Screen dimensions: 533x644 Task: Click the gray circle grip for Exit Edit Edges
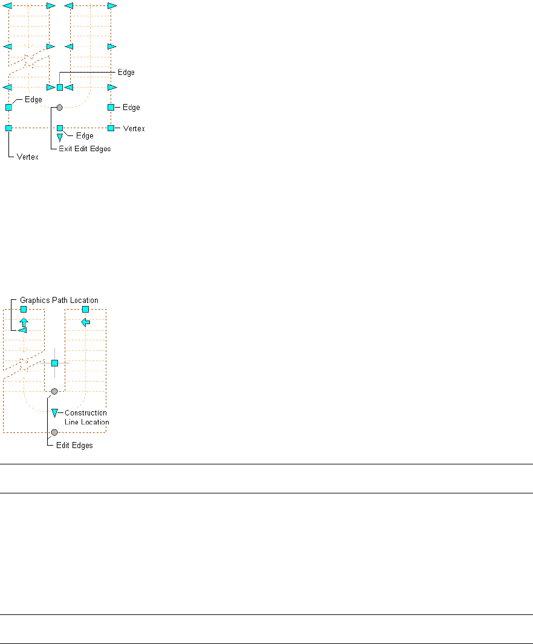pyautogui.click(x=60, y=107)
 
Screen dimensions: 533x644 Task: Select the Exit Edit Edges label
pyautogui.click(x=85, y=148)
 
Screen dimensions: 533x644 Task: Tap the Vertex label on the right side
pyautogui.click(x=134, y=129)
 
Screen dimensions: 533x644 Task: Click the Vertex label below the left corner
pyautogui.click(x=28, y=157)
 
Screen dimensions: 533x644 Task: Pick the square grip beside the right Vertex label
pyautogui.click(x=111, y=128)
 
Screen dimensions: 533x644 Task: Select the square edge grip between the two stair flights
pyautogui.click(x=60, y=88)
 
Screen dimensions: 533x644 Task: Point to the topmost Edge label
pyautogui.click(x=126, y=73)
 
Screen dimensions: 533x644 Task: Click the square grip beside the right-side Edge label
pyautogui.click(x=111, y=107)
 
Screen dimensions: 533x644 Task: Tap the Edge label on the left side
pyautogui.click(x=33, y=100)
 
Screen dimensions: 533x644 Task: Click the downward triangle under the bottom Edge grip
pyautogui.click(x=60, y=138)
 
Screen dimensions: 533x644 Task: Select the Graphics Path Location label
pyautogui.click(x=59, y=300)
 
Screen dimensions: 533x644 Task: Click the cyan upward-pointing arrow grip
pyautogui.click(x=24, y=322)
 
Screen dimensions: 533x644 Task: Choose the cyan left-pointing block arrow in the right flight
pyautogui.click(x=85, y=322)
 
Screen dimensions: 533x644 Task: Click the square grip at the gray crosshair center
pyautogui.click(x=54, y=363)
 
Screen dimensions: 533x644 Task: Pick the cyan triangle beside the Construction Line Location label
pyautogui.click(x=54, y=413)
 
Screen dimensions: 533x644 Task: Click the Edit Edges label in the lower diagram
pyautogui.click(x=70, y=446)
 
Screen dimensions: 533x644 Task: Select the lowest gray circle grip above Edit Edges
pyautogui.click(x=54, y=432)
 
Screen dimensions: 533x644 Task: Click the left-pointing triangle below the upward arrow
pyautogui.click(x=22, y=331)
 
